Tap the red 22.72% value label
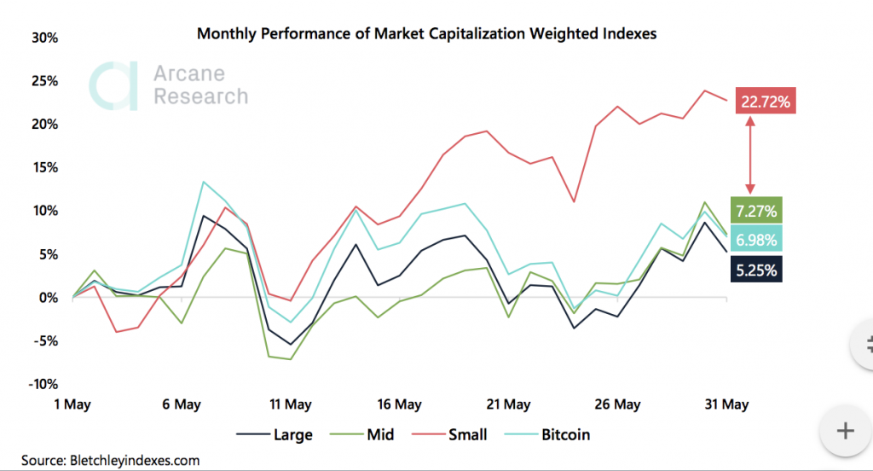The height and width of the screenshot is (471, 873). pyautogui.click(x=766, y=102)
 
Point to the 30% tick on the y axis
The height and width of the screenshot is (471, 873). pyautogui.click(x=43, y=38)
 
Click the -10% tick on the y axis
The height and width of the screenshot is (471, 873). pyautogui.click(x=41, y=383)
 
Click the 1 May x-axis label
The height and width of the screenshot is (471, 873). pyautogui.click(x=72, y=404)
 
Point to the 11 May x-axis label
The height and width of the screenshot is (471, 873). pyautogui.click(x=290, y=404)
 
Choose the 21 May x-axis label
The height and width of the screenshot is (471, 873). pyautogui.click(x=508, y=404)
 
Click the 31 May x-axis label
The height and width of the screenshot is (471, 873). pyautogui.click(x=726, y=404)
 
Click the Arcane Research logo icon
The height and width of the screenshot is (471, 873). pyautogui.click(x=114, y=85)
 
